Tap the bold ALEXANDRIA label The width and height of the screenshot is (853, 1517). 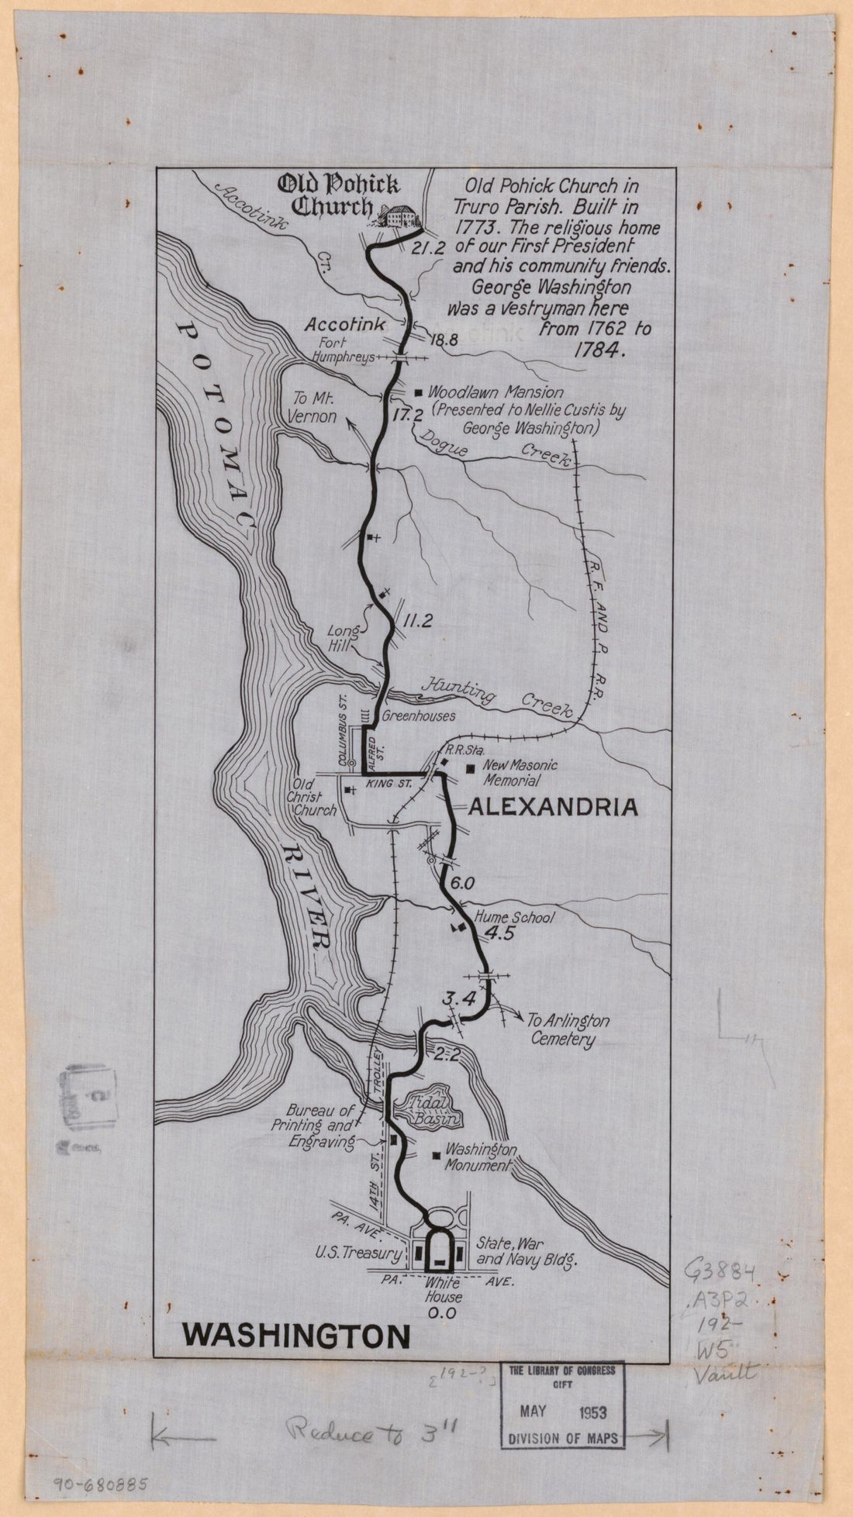pyautogui.click(x=554, y=808)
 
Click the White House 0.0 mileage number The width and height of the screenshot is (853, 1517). pyautogui.click(x=439, y=1312)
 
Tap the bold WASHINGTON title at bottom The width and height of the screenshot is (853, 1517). pyautogui.click(x=296, y=1336)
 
